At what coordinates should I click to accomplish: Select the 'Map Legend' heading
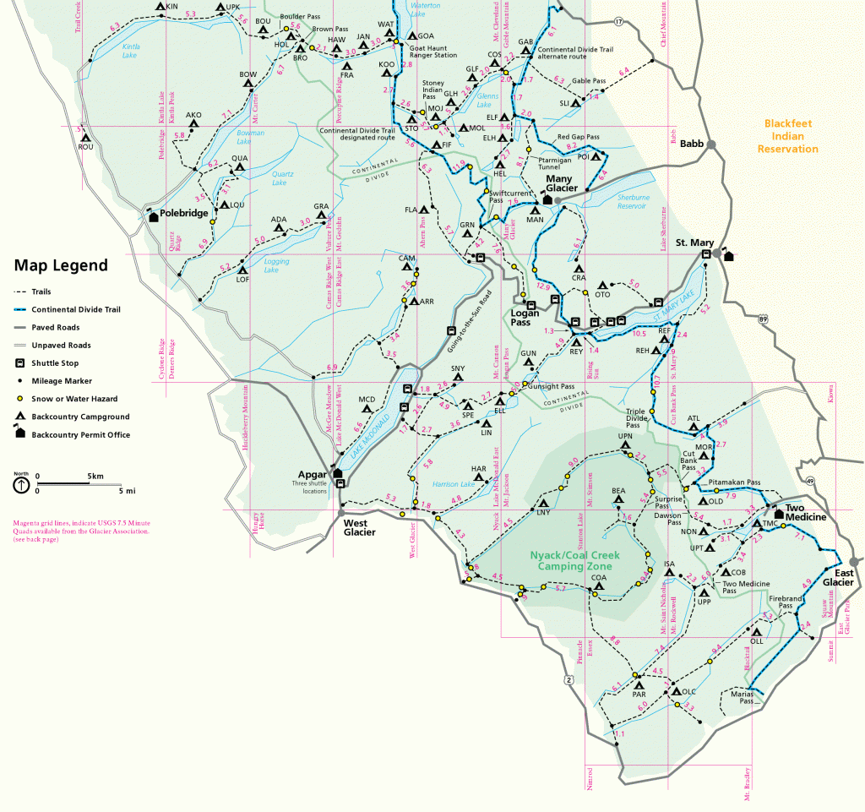pyautogui.click(x=60, y=265)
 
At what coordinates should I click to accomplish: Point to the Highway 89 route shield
pyautogui.click(x=763, y=319)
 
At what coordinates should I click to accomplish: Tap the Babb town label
pyautogui.click(x=692, y=144)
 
